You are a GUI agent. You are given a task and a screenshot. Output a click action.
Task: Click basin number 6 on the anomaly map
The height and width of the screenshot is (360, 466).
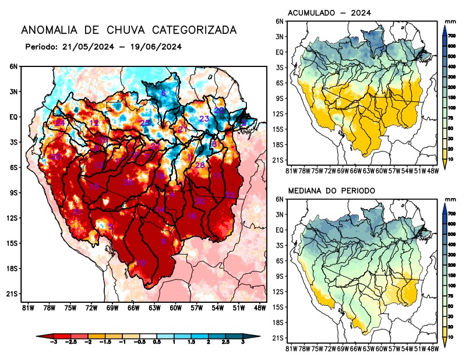coord(164,93)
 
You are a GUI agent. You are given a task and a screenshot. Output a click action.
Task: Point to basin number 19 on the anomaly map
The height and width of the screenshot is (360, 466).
coord(140,263)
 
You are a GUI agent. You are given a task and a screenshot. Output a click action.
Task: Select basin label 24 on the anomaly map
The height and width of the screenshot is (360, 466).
coord(60,123)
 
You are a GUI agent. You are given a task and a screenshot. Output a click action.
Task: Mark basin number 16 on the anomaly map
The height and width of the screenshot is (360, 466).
coord(192,216)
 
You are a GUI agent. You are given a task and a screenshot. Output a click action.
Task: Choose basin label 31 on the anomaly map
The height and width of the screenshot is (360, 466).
coord(77,211)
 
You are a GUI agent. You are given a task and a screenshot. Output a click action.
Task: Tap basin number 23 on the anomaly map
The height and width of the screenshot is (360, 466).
coord(204,119)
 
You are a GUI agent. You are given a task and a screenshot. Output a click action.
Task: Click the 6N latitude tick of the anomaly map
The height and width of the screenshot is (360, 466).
coord(13,66)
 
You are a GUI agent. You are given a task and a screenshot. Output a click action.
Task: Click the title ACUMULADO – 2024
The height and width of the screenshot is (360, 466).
coord(330,13)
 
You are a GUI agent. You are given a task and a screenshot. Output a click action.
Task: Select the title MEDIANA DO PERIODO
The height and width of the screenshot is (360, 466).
coord(334,190)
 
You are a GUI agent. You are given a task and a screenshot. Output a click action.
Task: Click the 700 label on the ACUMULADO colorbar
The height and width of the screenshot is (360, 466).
coord(451,36)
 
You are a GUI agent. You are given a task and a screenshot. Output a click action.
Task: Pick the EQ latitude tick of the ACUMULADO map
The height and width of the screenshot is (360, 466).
coord(280,52)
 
